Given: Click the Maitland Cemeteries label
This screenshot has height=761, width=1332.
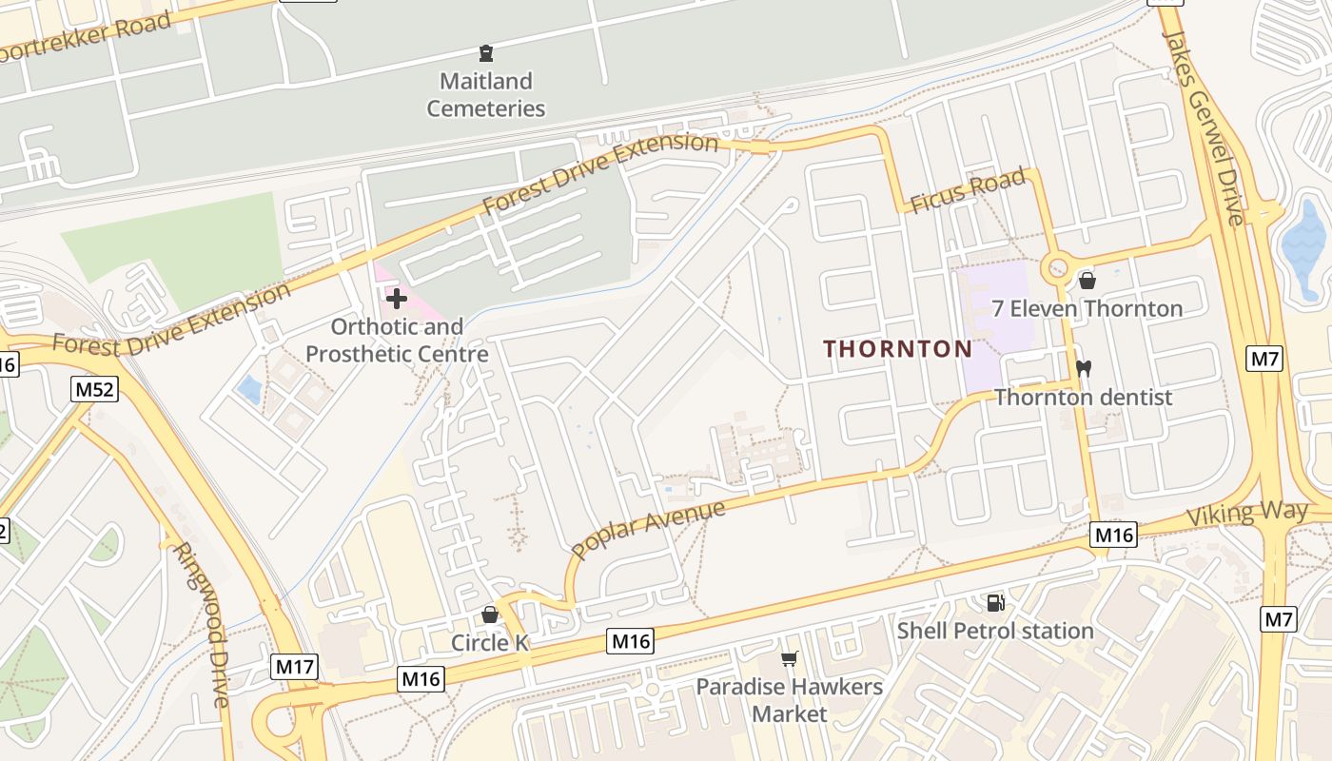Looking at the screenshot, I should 485,95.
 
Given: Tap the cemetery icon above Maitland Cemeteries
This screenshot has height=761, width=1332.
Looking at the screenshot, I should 486,53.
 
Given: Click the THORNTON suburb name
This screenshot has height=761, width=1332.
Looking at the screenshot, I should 898,349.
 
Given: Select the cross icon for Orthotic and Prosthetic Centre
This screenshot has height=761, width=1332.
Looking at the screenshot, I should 396,299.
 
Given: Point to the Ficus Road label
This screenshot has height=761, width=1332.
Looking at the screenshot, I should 967,190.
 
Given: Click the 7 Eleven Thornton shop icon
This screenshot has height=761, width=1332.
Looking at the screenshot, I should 1087,281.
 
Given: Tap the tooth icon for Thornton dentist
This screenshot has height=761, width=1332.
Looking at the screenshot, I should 1083,368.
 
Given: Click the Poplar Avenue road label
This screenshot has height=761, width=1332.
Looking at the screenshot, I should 648,528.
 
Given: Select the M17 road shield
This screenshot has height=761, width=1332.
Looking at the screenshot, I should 294,667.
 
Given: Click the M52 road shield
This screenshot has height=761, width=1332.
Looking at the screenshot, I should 94,388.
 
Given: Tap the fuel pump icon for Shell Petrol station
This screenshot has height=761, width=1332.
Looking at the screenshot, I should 995,602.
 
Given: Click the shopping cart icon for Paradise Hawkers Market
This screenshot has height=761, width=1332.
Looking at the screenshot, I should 789,658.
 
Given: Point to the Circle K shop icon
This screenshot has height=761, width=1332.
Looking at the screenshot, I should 489,615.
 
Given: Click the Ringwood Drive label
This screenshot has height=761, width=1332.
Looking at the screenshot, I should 203,623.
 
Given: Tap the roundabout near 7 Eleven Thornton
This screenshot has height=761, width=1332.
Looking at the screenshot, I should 1057,269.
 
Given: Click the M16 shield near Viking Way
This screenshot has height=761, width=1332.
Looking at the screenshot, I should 1113,535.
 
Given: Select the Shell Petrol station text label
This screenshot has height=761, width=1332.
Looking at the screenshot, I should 995,631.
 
